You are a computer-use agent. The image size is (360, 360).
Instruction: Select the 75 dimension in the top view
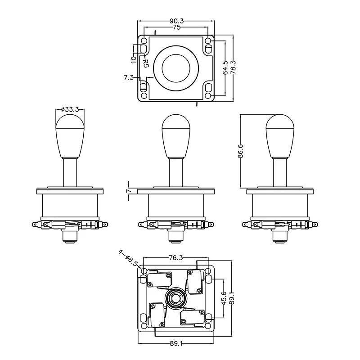[176, 28]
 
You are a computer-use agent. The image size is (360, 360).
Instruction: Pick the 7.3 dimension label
[128, 77]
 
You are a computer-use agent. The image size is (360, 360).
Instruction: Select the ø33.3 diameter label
[70, 109]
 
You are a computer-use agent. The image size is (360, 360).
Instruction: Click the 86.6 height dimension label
[241, 151]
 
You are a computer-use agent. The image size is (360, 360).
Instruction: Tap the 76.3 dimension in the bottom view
[175, 259]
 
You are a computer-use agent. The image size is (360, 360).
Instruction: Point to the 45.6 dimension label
[224, 298]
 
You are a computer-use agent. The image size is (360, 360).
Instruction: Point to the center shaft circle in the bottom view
[175, 297]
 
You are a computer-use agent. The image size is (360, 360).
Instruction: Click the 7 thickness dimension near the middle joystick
[128, 191]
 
